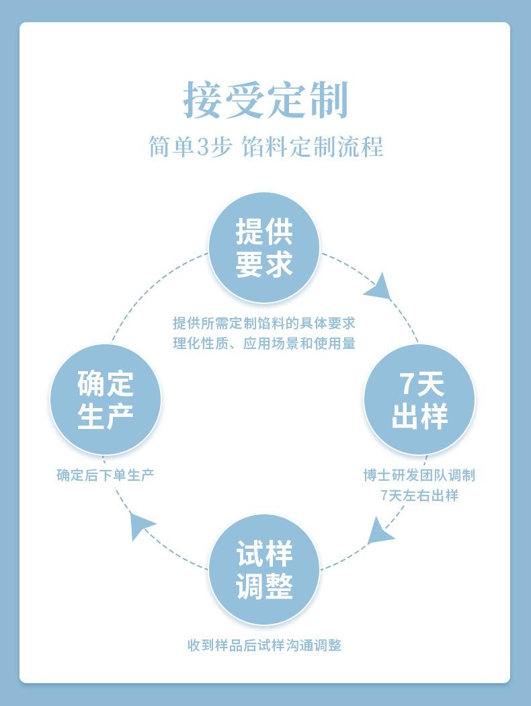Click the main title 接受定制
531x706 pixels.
coord(265,100)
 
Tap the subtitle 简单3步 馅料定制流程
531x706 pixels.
coord(265,147)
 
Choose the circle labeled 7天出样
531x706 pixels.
coord(419,400)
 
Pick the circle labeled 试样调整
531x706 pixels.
coord(264,570)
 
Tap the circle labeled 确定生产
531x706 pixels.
coord(106,400)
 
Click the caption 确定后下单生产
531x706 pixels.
coord(106,475)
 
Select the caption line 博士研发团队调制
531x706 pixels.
coord(419,475)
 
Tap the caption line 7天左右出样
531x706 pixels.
coord(419,496)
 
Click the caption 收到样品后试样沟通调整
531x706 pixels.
coord(264,645)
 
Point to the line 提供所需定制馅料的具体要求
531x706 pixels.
coord(264,323)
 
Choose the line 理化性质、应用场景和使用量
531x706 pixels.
coord(264,344)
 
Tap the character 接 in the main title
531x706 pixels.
coord(204,100)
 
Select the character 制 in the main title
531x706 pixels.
coord(328,100)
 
